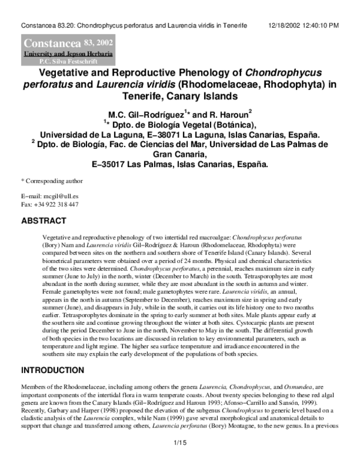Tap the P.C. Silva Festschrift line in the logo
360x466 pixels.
pos(67,61)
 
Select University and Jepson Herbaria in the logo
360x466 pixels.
pos(67,53)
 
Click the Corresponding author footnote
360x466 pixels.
pos(51,181)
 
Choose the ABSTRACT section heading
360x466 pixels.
pos(44,221)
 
